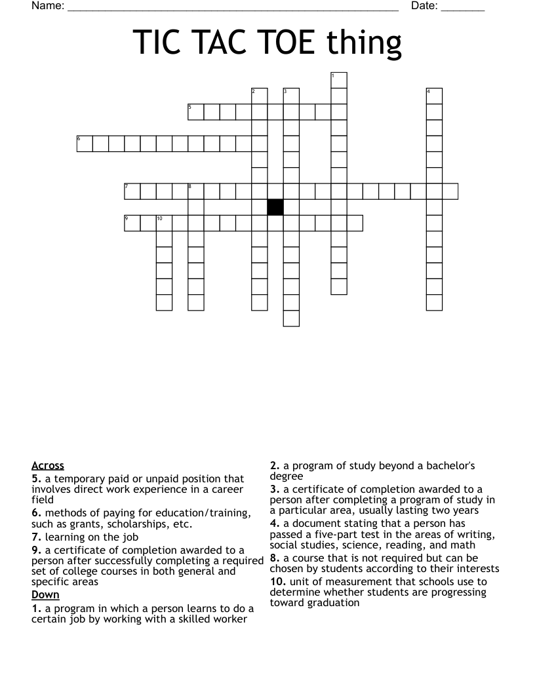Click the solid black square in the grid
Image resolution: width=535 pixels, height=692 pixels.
[x=275, y=207]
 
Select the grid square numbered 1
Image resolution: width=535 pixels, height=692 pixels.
[x=339, y=81]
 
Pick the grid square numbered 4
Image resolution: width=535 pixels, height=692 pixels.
[x=434, y=96]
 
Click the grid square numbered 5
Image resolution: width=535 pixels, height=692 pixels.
[x=196, y=112]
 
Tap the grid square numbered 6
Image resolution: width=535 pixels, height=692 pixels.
[x=85, y=144]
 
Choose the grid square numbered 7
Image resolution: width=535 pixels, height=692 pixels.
[x=132, y=191]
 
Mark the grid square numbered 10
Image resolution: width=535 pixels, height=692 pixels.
[x=164, y=223]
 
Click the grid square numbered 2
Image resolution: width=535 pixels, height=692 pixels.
[x=260, y=96]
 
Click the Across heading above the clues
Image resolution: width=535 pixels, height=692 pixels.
[x=48, y=466]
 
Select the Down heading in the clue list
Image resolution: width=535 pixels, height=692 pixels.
[x=45, y=595]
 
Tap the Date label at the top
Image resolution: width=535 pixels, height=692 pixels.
[x=425, y=7]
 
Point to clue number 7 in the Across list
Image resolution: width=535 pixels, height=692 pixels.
[x=36, y=537]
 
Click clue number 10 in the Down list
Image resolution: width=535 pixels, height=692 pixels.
[x=278, y=582]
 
